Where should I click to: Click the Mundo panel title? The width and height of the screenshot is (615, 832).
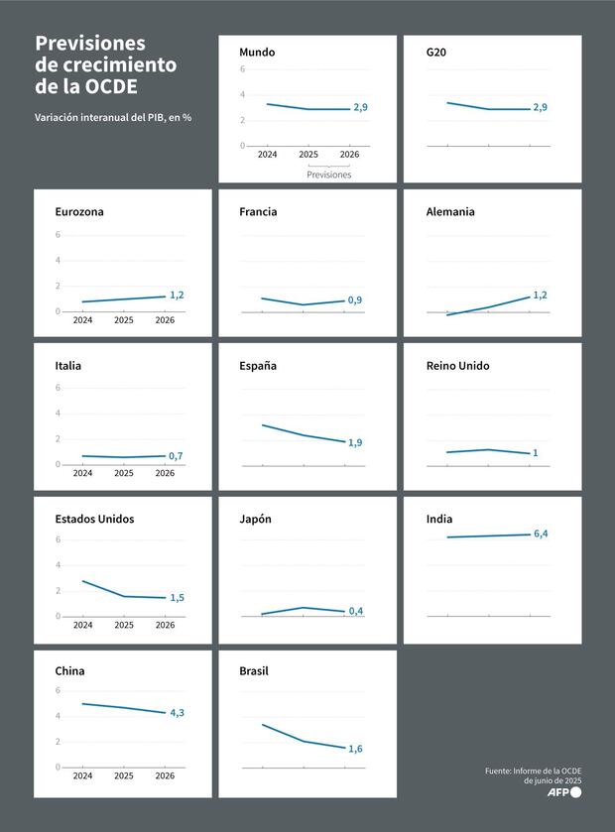pos(257,52)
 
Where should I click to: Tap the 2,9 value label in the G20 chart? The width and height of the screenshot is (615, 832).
pos(540,107)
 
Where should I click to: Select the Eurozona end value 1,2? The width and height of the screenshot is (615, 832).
pos(177,295)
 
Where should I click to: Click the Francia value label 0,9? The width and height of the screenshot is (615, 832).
pos(355,299)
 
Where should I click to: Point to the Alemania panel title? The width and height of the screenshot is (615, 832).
pos(450,211)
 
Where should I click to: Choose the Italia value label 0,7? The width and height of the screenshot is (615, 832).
pos(176,456)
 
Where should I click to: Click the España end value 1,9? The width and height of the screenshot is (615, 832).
pos(355,442)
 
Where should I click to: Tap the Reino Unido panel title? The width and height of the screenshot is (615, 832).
pos(457,365)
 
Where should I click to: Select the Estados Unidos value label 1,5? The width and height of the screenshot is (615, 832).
pos(177,597)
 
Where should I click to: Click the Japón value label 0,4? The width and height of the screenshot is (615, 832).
pos(355,611)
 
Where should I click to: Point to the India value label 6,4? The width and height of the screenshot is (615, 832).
pos(541,534)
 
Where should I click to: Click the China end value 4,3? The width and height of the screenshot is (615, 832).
pos(177,712)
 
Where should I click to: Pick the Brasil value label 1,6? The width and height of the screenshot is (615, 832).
pos(355,749)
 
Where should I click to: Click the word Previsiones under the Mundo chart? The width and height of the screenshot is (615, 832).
pos(329,175)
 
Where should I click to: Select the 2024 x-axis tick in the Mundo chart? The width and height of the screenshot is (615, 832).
pos(267,156)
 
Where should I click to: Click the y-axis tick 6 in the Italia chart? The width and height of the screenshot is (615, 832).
pos(59,388)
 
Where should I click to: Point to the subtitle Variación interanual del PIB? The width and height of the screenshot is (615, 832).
pos(113,117)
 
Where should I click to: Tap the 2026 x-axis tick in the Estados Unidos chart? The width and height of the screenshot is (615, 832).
pos(165,625)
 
